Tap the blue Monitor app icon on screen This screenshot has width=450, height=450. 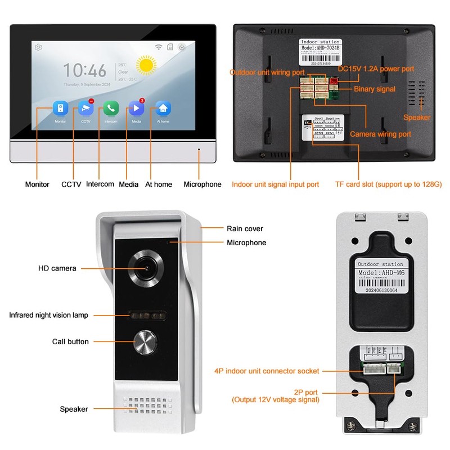60,108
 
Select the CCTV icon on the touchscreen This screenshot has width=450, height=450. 85,108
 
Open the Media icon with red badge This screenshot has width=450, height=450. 136,108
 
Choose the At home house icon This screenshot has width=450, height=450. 163,108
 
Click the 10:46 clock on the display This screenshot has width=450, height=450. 84,70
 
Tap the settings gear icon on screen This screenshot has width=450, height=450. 38,47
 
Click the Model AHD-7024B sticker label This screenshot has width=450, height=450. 320,51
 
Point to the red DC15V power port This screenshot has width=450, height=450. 332,82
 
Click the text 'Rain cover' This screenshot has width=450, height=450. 245,228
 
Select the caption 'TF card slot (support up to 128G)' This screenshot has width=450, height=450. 388,184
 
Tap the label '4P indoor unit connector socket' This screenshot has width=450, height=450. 267,371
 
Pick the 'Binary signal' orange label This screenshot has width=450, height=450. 375,89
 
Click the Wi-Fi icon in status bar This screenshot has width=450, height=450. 159,47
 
